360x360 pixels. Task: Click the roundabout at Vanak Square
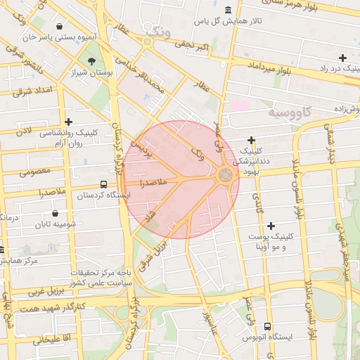[x=226, y=175]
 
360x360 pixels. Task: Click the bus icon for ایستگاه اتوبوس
[x=267, y=326]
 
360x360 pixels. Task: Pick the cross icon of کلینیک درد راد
[x=342, y=58]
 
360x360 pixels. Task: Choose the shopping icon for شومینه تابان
[x=56, y=213]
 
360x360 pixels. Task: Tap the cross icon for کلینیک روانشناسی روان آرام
[x=68, y=122]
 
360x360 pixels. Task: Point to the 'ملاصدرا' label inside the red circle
[x=152, y=183]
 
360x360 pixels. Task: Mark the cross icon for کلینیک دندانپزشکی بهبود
[x=251, y=141]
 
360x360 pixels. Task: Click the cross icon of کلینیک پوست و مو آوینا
[x=271, y=226]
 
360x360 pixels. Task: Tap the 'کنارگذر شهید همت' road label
[x=53, y=308]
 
